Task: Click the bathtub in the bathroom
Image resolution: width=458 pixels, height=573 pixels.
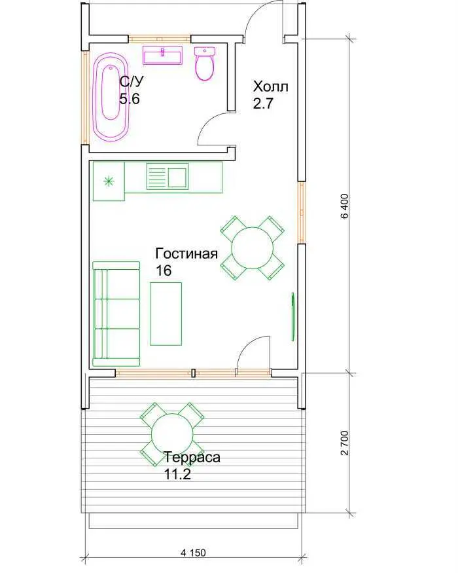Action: (111, 97)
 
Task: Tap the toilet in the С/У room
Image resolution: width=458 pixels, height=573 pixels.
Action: (205, 64)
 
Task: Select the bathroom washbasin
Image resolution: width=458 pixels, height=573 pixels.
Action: (162, 55)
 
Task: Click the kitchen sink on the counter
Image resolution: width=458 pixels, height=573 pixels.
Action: (167, 176)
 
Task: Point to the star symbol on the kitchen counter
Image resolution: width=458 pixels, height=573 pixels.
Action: (109, 181)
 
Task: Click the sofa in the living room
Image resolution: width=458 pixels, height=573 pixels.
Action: (116, 314)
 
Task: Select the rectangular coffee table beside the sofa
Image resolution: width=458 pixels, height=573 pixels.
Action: (166, 314)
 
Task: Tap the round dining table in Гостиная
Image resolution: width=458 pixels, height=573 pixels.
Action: (253, 248)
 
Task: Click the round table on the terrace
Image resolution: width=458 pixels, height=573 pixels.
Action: (172, 434)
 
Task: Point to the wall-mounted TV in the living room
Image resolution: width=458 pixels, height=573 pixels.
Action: (293, 316)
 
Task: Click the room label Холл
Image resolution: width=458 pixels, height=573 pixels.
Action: (271, 87)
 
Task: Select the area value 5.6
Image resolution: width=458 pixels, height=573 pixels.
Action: (130, 99)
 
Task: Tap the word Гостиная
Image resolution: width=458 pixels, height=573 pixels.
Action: (186, 253)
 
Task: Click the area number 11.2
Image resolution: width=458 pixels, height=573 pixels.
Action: (177, 474)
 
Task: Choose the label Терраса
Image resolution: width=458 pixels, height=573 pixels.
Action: (192, 457)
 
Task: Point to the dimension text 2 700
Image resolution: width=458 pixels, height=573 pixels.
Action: (344, 443)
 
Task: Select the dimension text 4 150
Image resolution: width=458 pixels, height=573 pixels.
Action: (193, 553)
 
